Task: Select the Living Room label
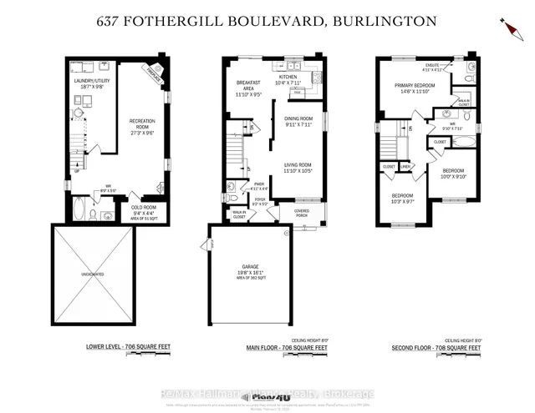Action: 298,168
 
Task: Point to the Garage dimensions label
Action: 250,273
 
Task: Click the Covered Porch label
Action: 301,212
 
